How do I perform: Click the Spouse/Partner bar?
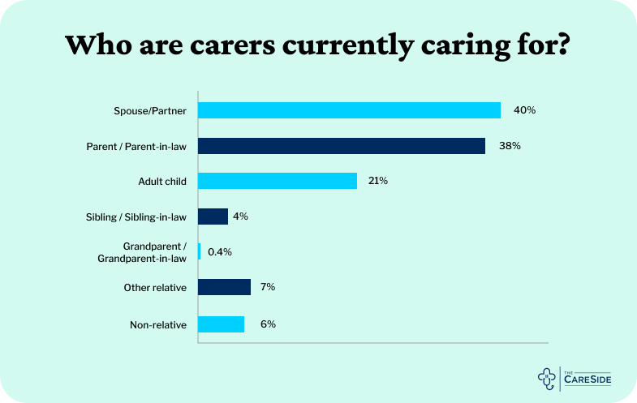pyautogui.click(x=349, y=110)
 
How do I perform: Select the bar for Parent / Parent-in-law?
pyautogui.click(x=342, y=146)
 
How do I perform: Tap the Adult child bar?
pyautogui.click(x=278, y=181)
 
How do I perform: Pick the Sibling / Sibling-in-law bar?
pyautogui.click(x=213, y=217)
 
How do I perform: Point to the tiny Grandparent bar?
pyautogui.click(x=200, y=251)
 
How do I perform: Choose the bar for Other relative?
pyautogui.click(x=224, y=287)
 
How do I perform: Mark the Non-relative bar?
pyautogui.click(x=221, y=324)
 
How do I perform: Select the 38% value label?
pyautogui.click(x=510, y=146)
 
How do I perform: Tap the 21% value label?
pyautogui.click(x=377, y=181)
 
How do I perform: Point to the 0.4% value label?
pyautogui.click(x=220, y=252)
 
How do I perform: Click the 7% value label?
pyautogui.click(x=269, y=287)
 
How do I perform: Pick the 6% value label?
pyautogui.click(x=269, y=324)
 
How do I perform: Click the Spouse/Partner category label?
pyautogui.click(x=150, y=110)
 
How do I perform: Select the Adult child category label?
pyautogui.click(x=162, y=182)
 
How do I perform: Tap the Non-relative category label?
pyautogui.click(x=158, y=324)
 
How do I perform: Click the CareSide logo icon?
pyautogui.click(x=549, y=377)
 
